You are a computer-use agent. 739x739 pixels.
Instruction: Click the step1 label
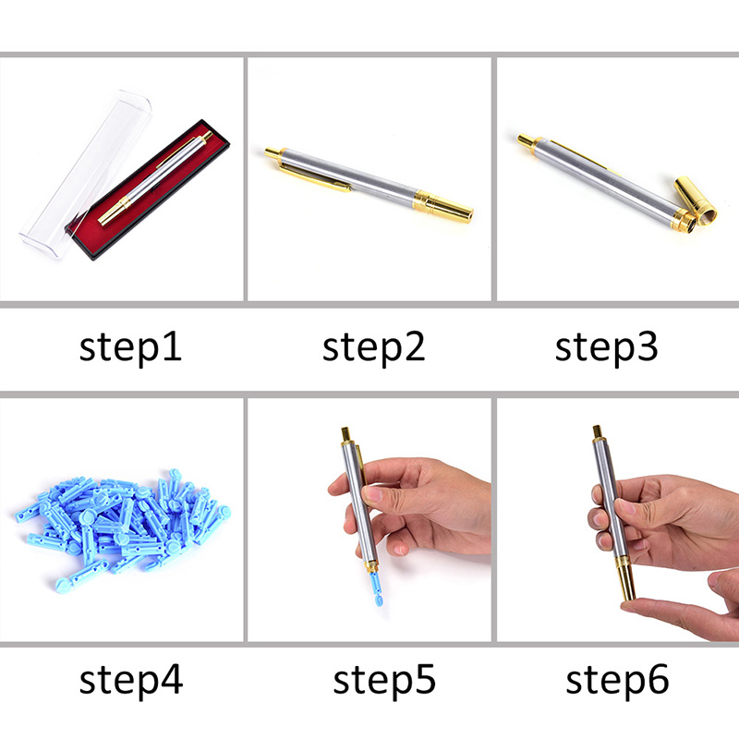click(130, 348)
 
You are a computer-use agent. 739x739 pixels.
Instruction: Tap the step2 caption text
click(374, 348)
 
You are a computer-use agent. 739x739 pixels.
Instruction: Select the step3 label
click(607, 348)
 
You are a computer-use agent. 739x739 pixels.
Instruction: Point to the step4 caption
click(131, 680)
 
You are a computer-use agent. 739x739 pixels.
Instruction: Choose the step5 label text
click(384, 680)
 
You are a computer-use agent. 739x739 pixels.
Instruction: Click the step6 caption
click(617, 680)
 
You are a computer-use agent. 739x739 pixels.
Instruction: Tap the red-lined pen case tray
click(148, 189)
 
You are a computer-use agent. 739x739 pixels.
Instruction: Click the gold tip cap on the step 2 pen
click(443, 206)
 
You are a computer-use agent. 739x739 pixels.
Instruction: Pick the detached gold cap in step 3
click(696, 200)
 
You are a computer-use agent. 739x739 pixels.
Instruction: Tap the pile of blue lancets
click(123, 526)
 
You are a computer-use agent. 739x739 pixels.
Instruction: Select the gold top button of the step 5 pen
click(345, 434)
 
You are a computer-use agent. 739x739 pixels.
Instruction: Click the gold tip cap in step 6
click(626, 580)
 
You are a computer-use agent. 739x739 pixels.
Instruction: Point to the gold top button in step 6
click(597, 432)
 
